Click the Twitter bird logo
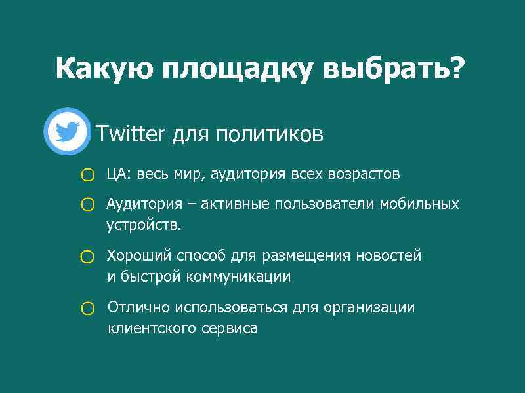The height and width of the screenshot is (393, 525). coord(67,132)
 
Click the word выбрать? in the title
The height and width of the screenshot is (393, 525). coord(391,69)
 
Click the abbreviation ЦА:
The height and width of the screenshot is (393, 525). coord(119,174)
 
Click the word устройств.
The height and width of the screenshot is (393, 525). coord(143,225)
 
